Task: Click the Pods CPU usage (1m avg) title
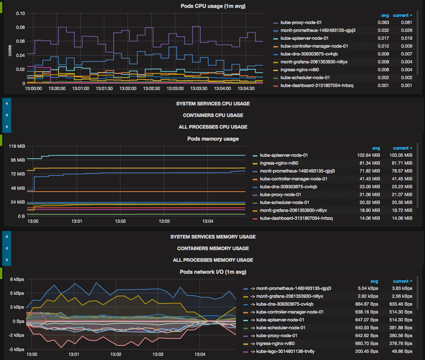point(213,6)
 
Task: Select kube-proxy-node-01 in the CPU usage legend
point(301,22)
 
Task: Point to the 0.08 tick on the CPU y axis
point(20,27)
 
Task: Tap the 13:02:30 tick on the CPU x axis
point(152,88)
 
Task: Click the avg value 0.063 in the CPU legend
point(383,22)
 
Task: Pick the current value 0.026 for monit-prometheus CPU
point(406,30)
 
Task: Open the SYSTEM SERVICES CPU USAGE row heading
point(213,103)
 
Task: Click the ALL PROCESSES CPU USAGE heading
point(213,127)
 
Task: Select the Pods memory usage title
point(213,139)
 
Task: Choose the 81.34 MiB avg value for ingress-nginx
point(368,163)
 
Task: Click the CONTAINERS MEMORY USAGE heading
point(213,248)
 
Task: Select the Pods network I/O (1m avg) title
point(213,272)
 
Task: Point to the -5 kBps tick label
point(17,349)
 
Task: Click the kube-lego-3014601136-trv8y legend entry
point(283,351)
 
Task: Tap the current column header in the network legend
point(401,281)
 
